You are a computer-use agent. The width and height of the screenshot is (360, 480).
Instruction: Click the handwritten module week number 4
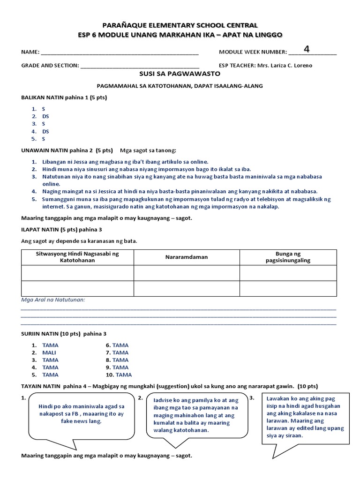(307, 49)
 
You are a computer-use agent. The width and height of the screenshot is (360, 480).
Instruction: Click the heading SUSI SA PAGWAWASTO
(180, 74)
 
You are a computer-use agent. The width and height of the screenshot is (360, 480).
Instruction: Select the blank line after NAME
(120, 52)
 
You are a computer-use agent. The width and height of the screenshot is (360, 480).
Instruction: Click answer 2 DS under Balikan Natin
(45, 116)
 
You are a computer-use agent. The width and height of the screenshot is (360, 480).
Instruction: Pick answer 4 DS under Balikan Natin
(45, 131)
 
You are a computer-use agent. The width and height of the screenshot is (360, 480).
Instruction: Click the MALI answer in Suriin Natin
(49, 352)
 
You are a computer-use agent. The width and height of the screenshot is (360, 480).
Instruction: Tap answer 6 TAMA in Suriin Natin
(120, 345)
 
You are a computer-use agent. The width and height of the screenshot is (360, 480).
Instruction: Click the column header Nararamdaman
(186, 257)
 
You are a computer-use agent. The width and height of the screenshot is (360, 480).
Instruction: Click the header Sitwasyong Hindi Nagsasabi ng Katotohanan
(77, 257)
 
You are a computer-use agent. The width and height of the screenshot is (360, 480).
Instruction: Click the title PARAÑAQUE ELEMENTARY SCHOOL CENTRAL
(180, 25)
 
